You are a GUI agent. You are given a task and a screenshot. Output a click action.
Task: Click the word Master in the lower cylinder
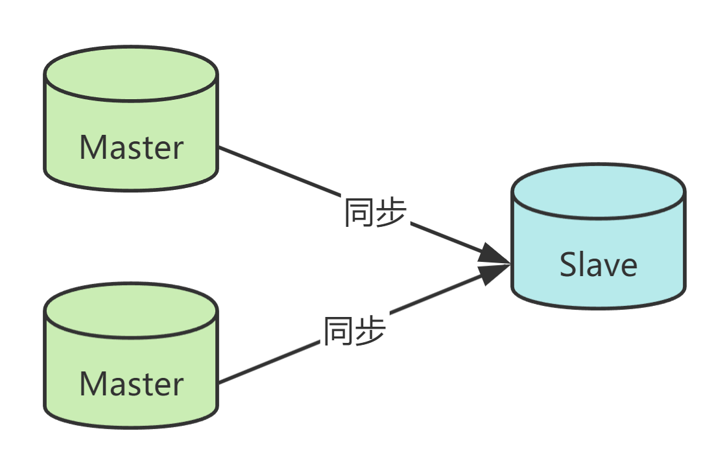[x=132, y=384]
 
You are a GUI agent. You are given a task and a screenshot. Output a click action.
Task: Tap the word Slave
[x=598, y=264]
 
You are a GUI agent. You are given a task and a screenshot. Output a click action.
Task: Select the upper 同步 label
[x=375, y=213]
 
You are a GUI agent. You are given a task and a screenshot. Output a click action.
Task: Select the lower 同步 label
[x=355, y=331]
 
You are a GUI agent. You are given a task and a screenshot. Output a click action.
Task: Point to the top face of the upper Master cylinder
[x=131, y=73]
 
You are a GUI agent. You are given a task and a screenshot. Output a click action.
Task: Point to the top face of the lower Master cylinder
[x=131, y=310]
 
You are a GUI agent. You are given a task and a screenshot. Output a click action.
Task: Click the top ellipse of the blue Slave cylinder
[x=598, y=190]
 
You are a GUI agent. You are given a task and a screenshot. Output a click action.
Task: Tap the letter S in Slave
[x=569, y=264]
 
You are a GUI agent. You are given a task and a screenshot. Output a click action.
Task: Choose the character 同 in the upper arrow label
[x=359, y=213]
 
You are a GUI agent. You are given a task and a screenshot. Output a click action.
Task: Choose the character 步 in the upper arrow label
[x=390, y=213]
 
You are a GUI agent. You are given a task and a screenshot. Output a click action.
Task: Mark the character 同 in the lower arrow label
[x=339, y=331]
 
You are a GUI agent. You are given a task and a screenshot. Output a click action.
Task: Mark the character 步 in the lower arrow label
[x=370, y=331]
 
